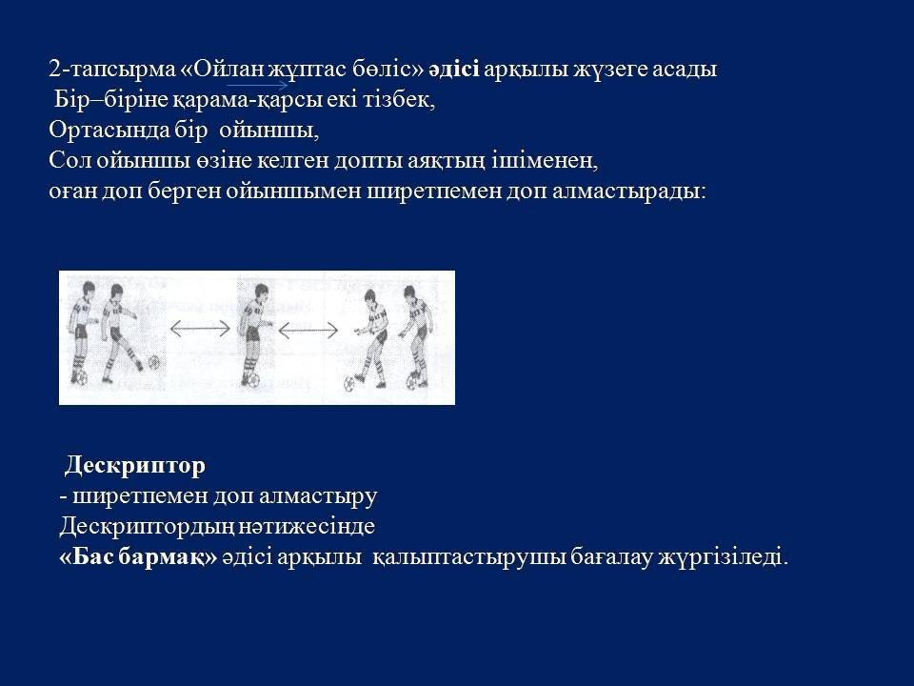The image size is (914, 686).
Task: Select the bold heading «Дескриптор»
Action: (134, 466)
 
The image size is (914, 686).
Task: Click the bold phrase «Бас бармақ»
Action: (139, 557)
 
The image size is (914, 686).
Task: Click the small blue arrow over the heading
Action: (257, 85)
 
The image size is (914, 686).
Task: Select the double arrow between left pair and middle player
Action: (200, 329)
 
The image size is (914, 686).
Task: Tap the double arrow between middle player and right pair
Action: (308, 331)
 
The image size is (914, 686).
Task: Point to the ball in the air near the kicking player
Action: (154, 362)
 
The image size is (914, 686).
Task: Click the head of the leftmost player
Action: (88, 290)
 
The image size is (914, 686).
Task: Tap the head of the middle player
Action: (262, 292)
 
